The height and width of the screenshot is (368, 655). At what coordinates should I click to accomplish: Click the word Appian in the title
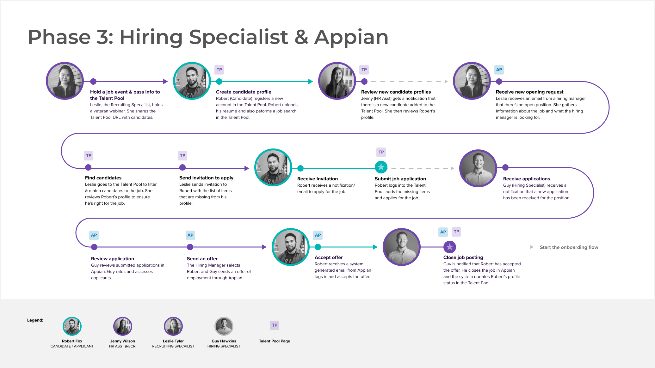(351, 38)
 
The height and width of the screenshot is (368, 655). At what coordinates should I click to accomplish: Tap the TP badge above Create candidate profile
(219, 70)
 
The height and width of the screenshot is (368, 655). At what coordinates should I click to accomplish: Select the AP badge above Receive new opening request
(499, 70)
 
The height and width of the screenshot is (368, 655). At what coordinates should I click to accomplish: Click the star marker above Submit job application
(381, 167)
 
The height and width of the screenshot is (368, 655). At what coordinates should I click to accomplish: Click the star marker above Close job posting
(449, 247)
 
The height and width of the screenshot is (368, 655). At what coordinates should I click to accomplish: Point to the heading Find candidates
(103, 178)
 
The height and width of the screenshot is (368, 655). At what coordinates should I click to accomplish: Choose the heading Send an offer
(202, 259)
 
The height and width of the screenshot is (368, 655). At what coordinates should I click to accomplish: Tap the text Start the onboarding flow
(569, 247)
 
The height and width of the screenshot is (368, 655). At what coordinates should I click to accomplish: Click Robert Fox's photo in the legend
(72, 326)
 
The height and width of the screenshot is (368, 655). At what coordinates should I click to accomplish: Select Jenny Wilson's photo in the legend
(123, 326)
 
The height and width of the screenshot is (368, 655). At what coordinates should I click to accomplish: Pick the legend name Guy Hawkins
(224, 341)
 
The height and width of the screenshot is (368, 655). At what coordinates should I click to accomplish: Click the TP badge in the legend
(275, 325)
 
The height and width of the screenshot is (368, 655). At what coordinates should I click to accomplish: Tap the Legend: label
(35, 320)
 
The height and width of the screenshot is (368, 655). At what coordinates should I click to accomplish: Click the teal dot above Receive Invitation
(300, 168)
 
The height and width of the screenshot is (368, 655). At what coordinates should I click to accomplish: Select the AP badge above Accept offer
(318, 235)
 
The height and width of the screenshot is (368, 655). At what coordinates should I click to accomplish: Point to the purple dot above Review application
(94, 247)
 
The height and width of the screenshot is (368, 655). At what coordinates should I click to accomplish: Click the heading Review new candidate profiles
(396, 92)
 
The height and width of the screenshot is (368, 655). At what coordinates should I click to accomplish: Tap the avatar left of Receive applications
(478, 168)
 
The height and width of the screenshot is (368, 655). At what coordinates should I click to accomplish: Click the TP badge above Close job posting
(456, 232)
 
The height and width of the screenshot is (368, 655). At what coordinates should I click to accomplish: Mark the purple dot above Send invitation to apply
(182, 167)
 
